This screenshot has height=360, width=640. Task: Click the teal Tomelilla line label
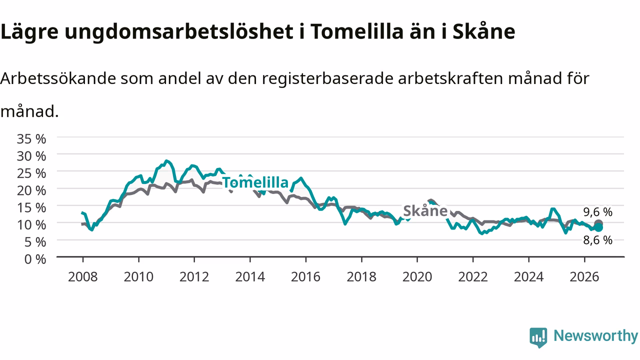pos(255,182)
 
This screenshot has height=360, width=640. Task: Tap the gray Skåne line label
pos(425,211)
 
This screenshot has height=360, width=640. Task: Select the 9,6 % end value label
pos(597,212)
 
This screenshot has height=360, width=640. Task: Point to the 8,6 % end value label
pos(597,240)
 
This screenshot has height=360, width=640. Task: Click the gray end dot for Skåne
pos(598,223)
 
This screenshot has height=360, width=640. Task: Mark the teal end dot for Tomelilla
pos(598,227)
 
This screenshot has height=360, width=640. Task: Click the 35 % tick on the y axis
pos(31,139)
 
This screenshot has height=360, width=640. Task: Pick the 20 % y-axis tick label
pos(31,190)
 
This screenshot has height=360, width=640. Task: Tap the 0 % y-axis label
pos(35,259)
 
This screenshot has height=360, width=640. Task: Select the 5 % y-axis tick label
pos(35,242)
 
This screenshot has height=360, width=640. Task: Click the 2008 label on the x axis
pos(83,277)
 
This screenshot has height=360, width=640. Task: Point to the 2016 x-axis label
pos(305,277)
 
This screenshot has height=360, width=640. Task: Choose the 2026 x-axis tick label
pos(584,277)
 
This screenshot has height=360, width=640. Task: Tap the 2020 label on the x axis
pos(417,277)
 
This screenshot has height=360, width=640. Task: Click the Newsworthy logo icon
pos(538,337)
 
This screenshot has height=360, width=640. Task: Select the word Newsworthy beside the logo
pos(595,336)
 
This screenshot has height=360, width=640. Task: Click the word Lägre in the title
pos(29,32)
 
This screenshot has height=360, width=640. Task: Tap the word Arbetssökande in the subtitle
pos(58,78)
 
